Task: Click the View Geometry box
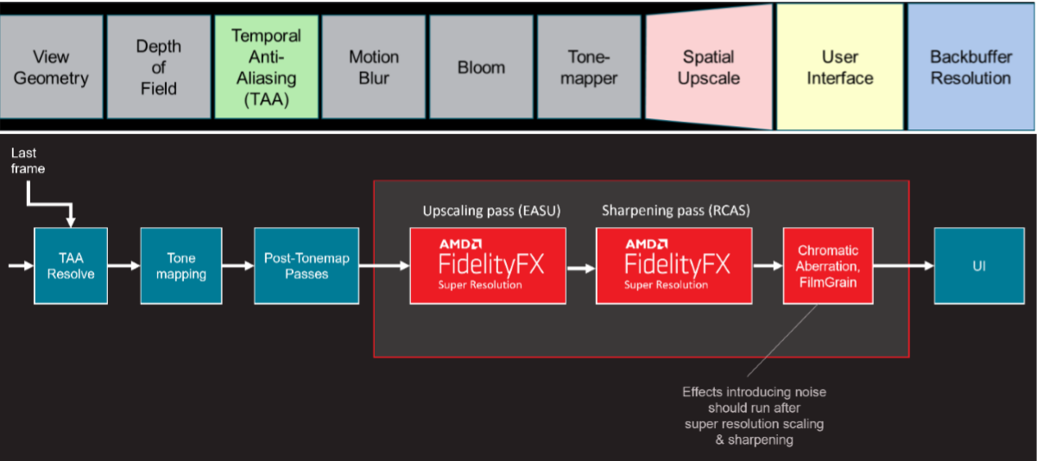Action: click(x=51, y=67)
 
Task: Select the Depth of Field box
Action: click(x=158, y=67)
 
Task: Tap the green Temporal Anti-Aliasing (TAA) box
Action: click(x=266, y=67)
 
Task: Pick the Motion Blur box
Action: click(x=374, y=67)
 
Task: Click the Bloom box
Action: click(x=481, y=67)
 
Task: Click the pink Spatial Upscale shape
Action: click(x=708, y=67)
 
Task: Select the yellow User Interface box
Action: click(x=839, y=67)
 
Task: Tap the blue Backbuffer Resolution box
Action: click(x=970, y=67)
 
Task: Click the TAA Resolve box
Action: click(x=71, y=266)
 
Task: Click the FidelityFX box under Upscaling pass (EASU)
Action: click(x=488, y=266)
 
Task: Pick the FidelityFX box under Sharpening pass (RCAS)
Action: click(x=674, y=266)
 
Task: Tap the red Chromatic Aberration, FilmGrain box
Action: click(x=828, y=266)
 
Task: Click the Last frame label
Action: click(x=28, y=161)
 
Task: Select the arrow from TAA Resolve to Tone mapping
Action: click(x=123, y=266)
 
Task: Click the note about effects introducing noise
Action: click(x=754, y=415)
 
